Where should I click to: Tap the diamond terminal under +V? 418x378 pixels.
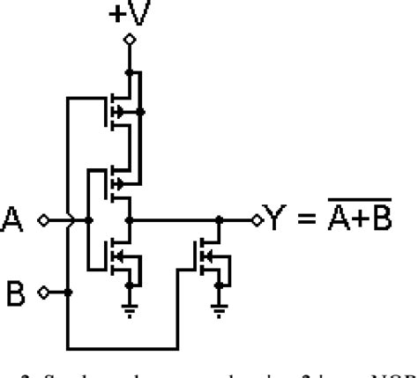[130, 41]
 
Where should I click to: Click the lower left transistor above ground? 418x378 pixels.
[122, 256]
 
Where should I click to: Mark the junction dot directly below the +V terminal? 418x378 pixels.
[130, 71]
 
